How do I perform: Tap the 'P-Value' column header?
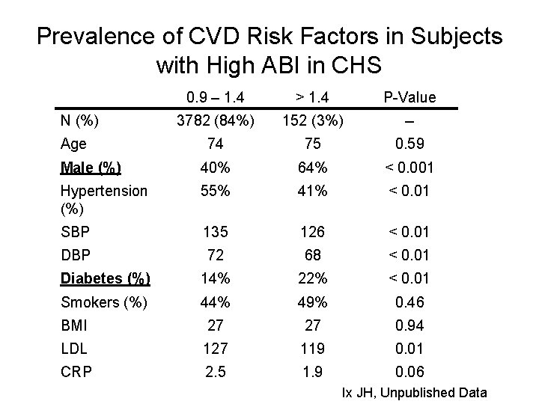click(x=409, y=98)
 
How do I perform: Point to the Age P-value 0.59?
click(x=409, y=144)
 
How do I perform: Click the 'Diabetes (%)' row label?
click(x=106, y=279)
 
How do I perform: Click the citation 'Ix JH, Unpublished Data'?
click(x=414, y=393)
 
